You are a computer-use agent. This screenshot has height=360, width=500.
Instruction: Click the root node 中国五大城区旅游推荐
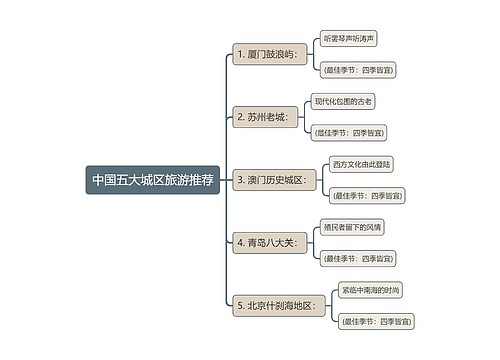[x=152, y=181]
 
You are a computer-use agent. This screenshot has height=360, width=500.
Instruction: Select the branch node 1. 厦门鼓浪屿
[x=265, y=53]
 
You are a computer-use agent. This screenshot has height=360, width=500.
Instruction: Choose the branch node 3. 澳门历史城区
[x=274, y=180]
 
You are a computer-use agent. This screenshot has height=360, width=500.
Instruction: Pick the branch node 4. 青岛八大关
[x=265, y=242]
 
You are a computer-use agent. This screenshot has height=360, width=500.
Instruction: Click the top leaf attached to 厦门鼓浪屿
[x=348, y=38]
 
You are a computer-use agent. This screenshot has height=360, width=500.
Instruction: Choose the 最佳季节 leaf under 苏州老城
[x=348, y=133]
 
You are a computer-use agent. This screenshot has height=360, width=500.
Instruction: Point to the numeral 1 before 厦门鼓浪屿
[x=238, y=53]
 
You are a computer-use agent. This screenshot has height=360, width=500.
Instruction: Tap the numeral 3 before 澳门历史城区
[x=239, y=180]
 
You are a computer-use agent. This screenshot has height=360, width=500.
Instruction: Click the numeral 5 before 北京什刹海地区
[x=239, y=305]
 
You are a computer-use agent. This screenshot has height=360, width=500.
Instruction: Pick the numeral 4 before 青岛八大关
[x=239, y=242]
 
